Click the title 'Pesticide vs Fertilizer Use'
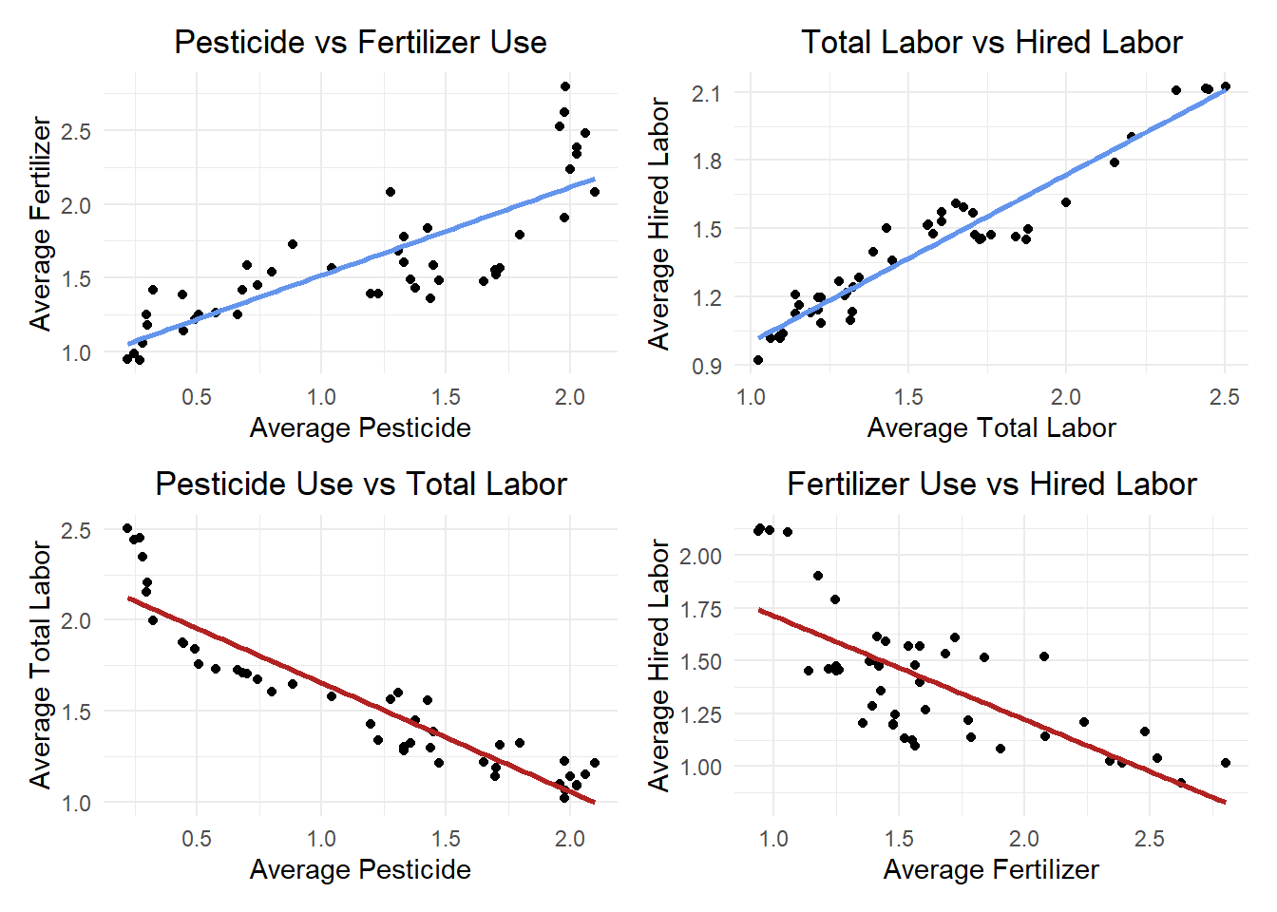(x=360, y=42)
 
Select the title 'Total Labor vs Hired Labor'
(x=992, y=42)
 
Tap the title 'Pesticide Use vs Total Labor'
(x=361, y=484)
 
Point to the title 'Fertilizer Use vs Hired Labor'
(x=992, y=484)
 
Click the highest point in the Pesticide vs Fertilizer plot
(x=565, y=86)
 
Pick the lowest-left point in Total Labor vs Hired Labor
(x=758, y=360)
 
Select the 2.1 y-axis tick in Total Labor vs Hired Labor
(x=706, y=93)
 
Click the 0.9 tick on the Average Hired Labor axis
(x=707, y=366)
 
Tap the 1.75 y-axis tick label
(x=700, y=609)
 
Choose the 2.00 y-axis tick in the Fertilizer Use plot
(x=700, y=556)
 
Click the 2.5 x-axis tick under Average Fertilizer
(x=1150, y=839)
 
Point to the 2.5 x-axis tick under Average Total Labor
(x=1224, y=397)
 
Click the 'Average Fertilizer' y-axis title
(x=41, y=223)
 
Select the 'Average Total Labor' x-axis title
(x=991, y=428)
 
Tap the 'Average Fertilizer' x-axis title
(x=991, y=870)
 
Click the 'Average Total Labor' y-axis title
(x=41, y=665)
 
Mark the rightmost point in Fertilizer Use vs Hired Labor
(x=1225, y=763)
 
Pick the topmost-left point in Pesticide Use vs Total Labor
(x=127, y=528)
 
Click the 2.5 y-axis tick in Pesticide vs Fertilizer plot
(x=76, y=132)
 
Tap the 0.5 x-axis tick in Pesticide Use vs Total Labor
(x=197, y=839)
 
